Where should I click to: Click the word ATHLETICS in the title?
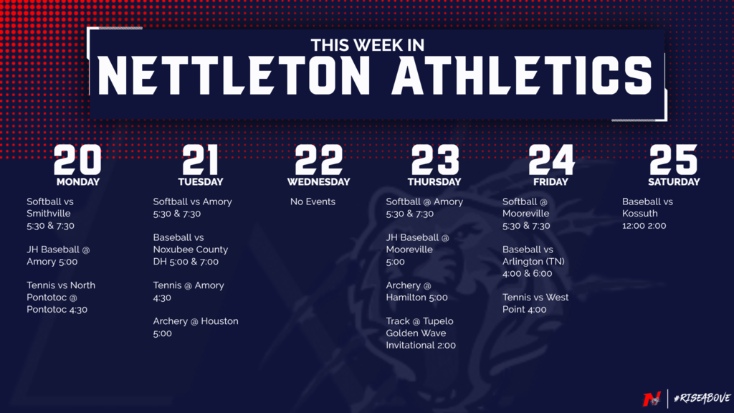pyautogui.click(x=522, y=75)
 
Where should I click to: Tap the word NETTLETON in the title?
pyautogui.click(x=234, y=75)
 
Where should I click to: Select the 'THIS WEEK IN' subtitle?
pyautogui.click(x=368, y=45)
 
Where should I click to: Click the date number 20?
pyautogui.click(x=77, y=159)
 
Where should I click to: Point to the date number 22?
pyautogui.click(x=319, y=159)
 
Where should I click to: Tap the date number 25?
pyautogui.click(x=674, y=159)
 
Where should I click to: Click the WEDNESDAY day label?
pyautogui.click(x=319, y=181)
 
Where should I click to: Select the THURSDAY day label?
pyautogui.click(x=434, y=181)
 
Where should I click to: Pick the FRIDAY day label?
pyautogui.click(x=550, y=181)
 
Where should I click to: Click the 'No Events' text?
pyautogui.click(x=313, y=201)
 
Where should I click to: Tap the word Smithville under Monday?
pyautogui.click(x=49, y=214)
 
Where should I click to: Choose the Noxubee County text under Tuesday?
pyautogui.click(x=191, y=250)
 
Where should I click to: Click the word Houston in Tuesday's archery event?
pyautogui.click(x=219, y=321)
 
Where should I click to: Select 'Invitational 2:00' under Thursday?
pyautogui.click(x=421, y=346)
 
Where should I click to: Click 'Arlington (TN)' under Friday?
pyautogui.click(x=533, y=261)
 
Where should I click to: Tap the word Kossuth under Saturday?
pyautogui.click(x=640, y=214)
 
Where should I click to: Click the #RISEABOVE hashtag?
pyautogui.click(x=702, y=398)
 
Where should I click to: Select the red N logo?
pyautogui.click(x=652, y=399)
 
